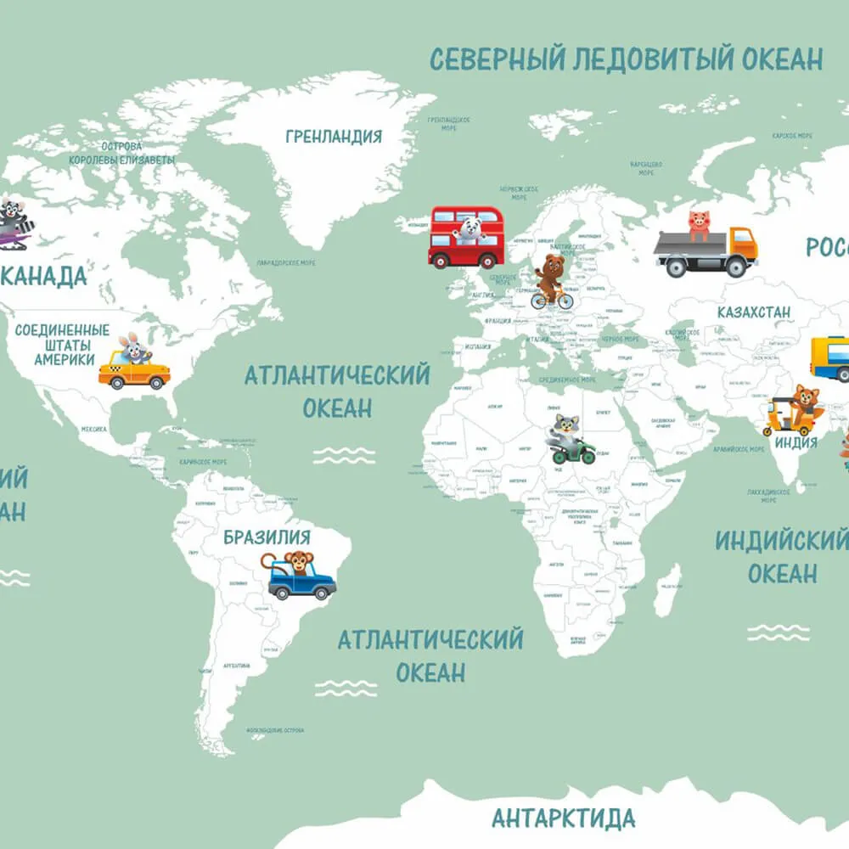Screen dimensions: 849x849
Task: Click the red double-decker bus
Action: pyautogui.click(x=466, y=237)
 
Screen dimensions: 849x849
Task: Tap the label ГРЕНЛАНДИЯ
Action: pyautogui.click(x=334, y=136)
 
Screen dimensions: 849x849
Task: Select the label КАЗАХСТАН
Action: pyautogui.click(x=753, y=312)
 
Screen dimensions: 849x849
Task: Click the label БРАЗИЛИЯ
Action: pyautogui.click(x=267, y=537)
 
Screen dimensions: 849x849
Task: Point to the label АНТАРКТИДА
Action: pyautogui.click(x=563, y=818)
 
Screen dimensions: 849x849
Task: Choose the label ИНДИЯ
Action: pyautogui.click(x=796, y=442)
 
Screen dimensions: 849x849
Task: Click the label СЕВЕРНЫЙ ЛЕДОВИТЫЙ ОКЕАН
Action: pyautogui.click(x=626, y=59)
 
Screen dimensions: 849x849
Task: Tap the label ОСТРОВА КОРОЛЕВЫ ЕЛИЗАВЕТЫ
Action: pyautogui.click(x=121, y=153)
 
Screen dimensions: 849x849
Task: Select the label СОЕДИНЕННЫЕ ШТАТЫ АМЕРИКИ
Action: pyautogui.click(x=64, y=344)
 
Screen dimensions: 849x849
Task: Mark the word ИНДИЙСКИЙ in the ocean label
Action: pyautogui.click(x=781, y=541)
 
